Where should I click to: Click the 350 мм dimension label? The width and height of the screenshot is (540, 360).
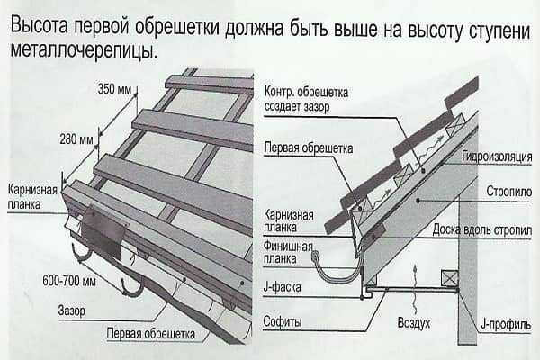[115, 90]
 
